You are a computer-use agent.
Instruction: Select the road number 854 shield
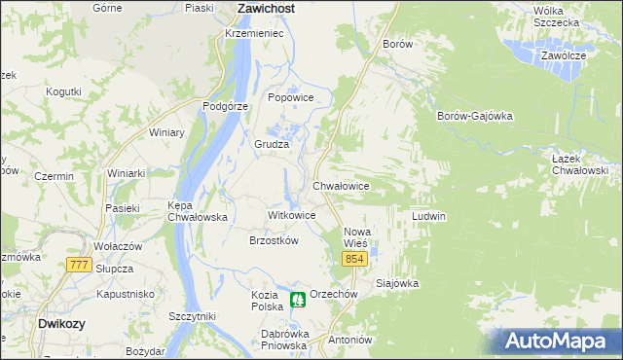click(x=353, y=258)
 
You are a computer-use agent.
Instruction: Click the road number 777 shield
click(x=79, y=265)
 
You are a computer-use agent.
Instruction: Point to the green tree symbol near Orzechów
click(x=297, y=302)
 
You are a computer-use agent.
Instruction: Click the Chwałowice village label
click(x=341, y=184)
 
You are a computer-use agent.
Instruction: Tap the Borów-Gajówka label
click(x=475, y=116)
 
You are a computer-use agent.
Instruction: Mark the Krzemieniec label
click(x=253, y=33)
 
